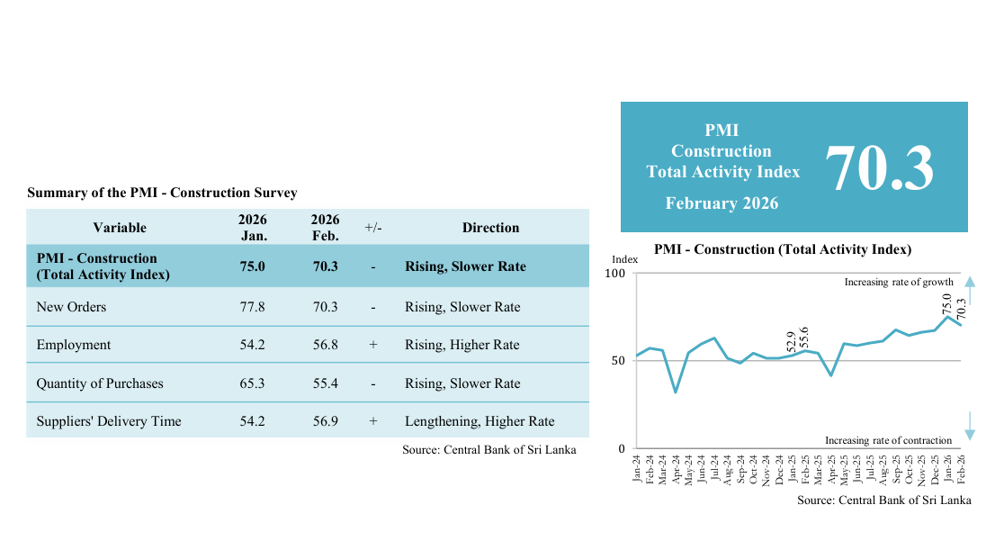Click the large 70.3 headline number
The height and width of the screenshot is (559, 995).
click(x=879, y=168)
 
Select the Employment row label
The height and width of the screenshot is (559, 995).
click(x=74, y=345)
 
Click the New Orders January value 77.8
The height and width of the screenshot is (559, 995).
click(x=253, y=307)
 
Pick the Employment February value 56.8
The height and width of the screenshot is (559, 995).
click(x=324, y=345)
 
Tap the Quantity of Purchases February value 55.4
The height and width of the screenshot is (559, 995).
click(x=324, y=383)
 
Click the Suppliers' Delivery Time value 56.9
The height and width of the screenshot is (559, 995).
click(x=324, y=421)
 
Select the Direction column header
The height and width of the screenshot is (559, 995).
click(x=490, y=228)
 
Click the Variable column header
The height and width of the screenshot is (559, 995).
click(x=120, y=228)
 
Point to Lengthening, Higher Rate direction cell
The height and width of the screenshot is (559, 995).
click(x=480, y=421)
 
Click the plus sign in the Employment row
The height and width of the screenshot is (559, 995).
click(x=372, y=345)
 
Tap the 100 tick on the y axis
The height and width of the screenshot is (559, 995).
click(x=616, y=273)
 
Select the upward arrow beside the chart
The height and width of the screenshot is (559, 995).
click(x=969, y=286)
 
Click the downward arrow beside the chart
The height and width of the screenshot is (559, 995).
click(x=969, y=427)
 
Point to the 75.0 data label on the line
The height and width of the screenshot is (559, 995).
click(x=946, y=303)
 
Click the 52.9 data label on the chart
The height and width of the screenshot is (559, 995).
click(x=791, y=340)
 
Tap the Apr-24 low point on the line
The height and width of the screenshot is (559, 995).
click(x=675, y=392)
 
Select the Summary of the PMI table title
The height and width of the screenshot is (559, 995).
click(x=162, y=193)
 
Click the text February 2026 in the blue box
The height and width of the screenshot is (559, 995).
click(x=722, y=203)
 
